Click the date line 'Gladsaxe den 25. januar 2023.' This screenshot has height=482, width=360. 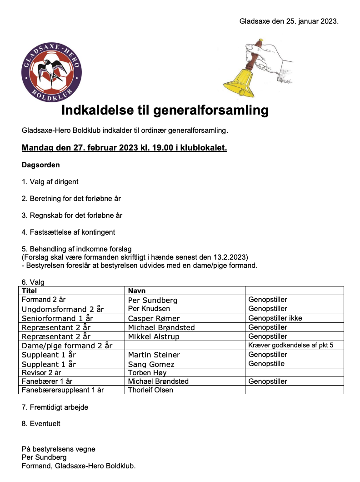pyautogui.click(x=289, y=21)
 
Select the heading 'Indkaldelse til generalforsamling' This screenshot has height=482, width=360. pyautogui.click(x=165, y=110)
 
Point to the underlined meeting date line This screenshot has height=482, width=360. pyautogui.click(x=124, y=148)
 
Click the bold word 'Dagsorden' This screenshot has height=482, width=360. pyautogui.click(x=41, y=165)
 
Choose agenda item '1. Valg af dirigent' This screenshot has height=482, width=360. pyautogui.click(x=50, y=182)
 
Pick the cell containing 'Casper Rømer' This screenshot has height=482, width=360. pyautogui.click(x=154, y=318)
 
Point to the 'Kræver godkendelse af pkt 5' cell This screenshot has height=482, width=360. pyautogui.click(x=291, y=346)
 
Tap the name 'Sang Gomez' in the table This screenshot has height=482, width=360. pyautogui.click(x=151, y=364)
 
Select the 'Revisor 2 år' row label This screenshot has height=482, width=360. pyautogui.click(x=41, y=373)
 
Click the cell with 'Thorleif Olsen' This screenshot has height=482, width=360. pyautogui.click(x=150, y=390)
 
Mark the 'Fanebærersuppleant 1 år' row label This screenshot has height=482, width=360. pyautogui.click(x=63, y=390)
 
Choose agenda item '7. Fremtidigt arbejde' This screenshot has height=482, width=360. pyautogui.click(x=55, y=407)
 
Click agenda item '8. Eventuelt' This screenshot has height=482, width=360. pyautogui.click(x=41, y=424)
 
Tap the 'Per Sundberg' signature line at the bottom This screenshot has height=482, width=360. pyautogui.click(x=44, y=457)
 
